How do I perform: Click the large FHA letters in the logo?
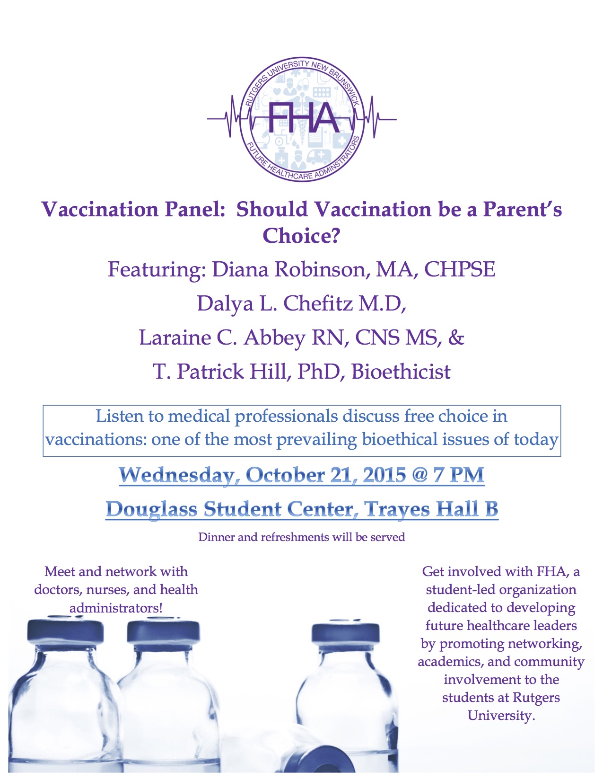(x=303, y=117)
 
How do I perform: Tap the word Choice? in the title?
(x=301, y=235)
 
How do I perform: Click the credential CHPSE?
(x=459, y=269)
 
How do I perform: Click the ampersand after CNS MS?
(x=456, y=337)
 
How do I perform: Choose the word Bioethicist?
(x=401, y=372)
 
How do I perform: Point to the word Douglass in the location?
(x=151, y=509)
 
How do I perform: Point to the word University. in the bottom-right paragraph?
(x=501, y=715)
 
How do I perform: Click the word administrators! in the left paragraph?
(x=116, y=608)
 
